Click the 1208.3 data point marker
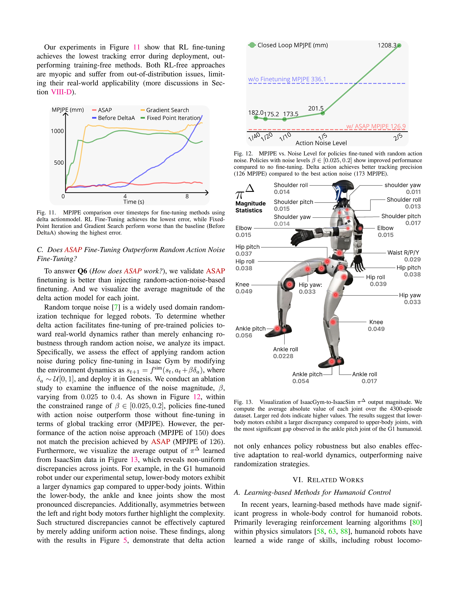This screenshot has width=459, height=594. coord(399,46)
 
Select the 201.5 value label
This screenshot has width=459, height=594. coord(316,109)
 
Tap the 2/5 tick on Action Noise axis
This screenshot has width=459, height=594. coord(398,137)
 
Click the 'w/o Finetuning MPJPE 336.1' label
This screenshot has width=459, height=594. coord(287,79)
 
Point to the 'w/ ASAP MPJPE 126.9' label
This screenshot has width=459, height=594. coord(376,126)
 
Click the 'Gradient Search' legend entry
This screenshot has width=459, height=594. coord(167,110)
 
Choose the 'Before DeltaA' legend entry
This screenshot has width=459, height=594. coord(116,118)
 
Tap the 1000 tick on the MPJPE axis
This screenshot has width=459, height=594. coord(57,131)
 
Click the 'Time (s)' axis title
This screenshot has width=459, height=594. coord(134,202)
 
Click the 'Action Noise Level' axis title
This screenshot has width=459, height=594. coord(321,143)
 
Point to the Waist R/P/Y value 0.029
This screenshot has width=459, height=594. coord(412,259)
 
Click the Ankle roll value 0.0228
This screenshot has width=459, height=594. coord(283,356)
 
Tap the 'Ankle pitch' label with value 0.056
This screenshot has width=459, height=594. coord(250,328)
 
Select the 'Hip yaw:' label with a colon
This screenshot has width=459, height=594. coord(310,285)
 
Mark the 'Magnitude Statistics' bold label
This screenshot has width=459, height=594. coord(250,207)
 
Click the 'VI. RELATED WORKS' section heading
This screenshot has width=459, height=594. coord(328,480)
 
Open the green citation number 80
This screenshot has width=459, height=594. coord(416,522)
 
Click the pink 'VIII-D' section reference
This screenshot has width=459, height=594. coord(61,92)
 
